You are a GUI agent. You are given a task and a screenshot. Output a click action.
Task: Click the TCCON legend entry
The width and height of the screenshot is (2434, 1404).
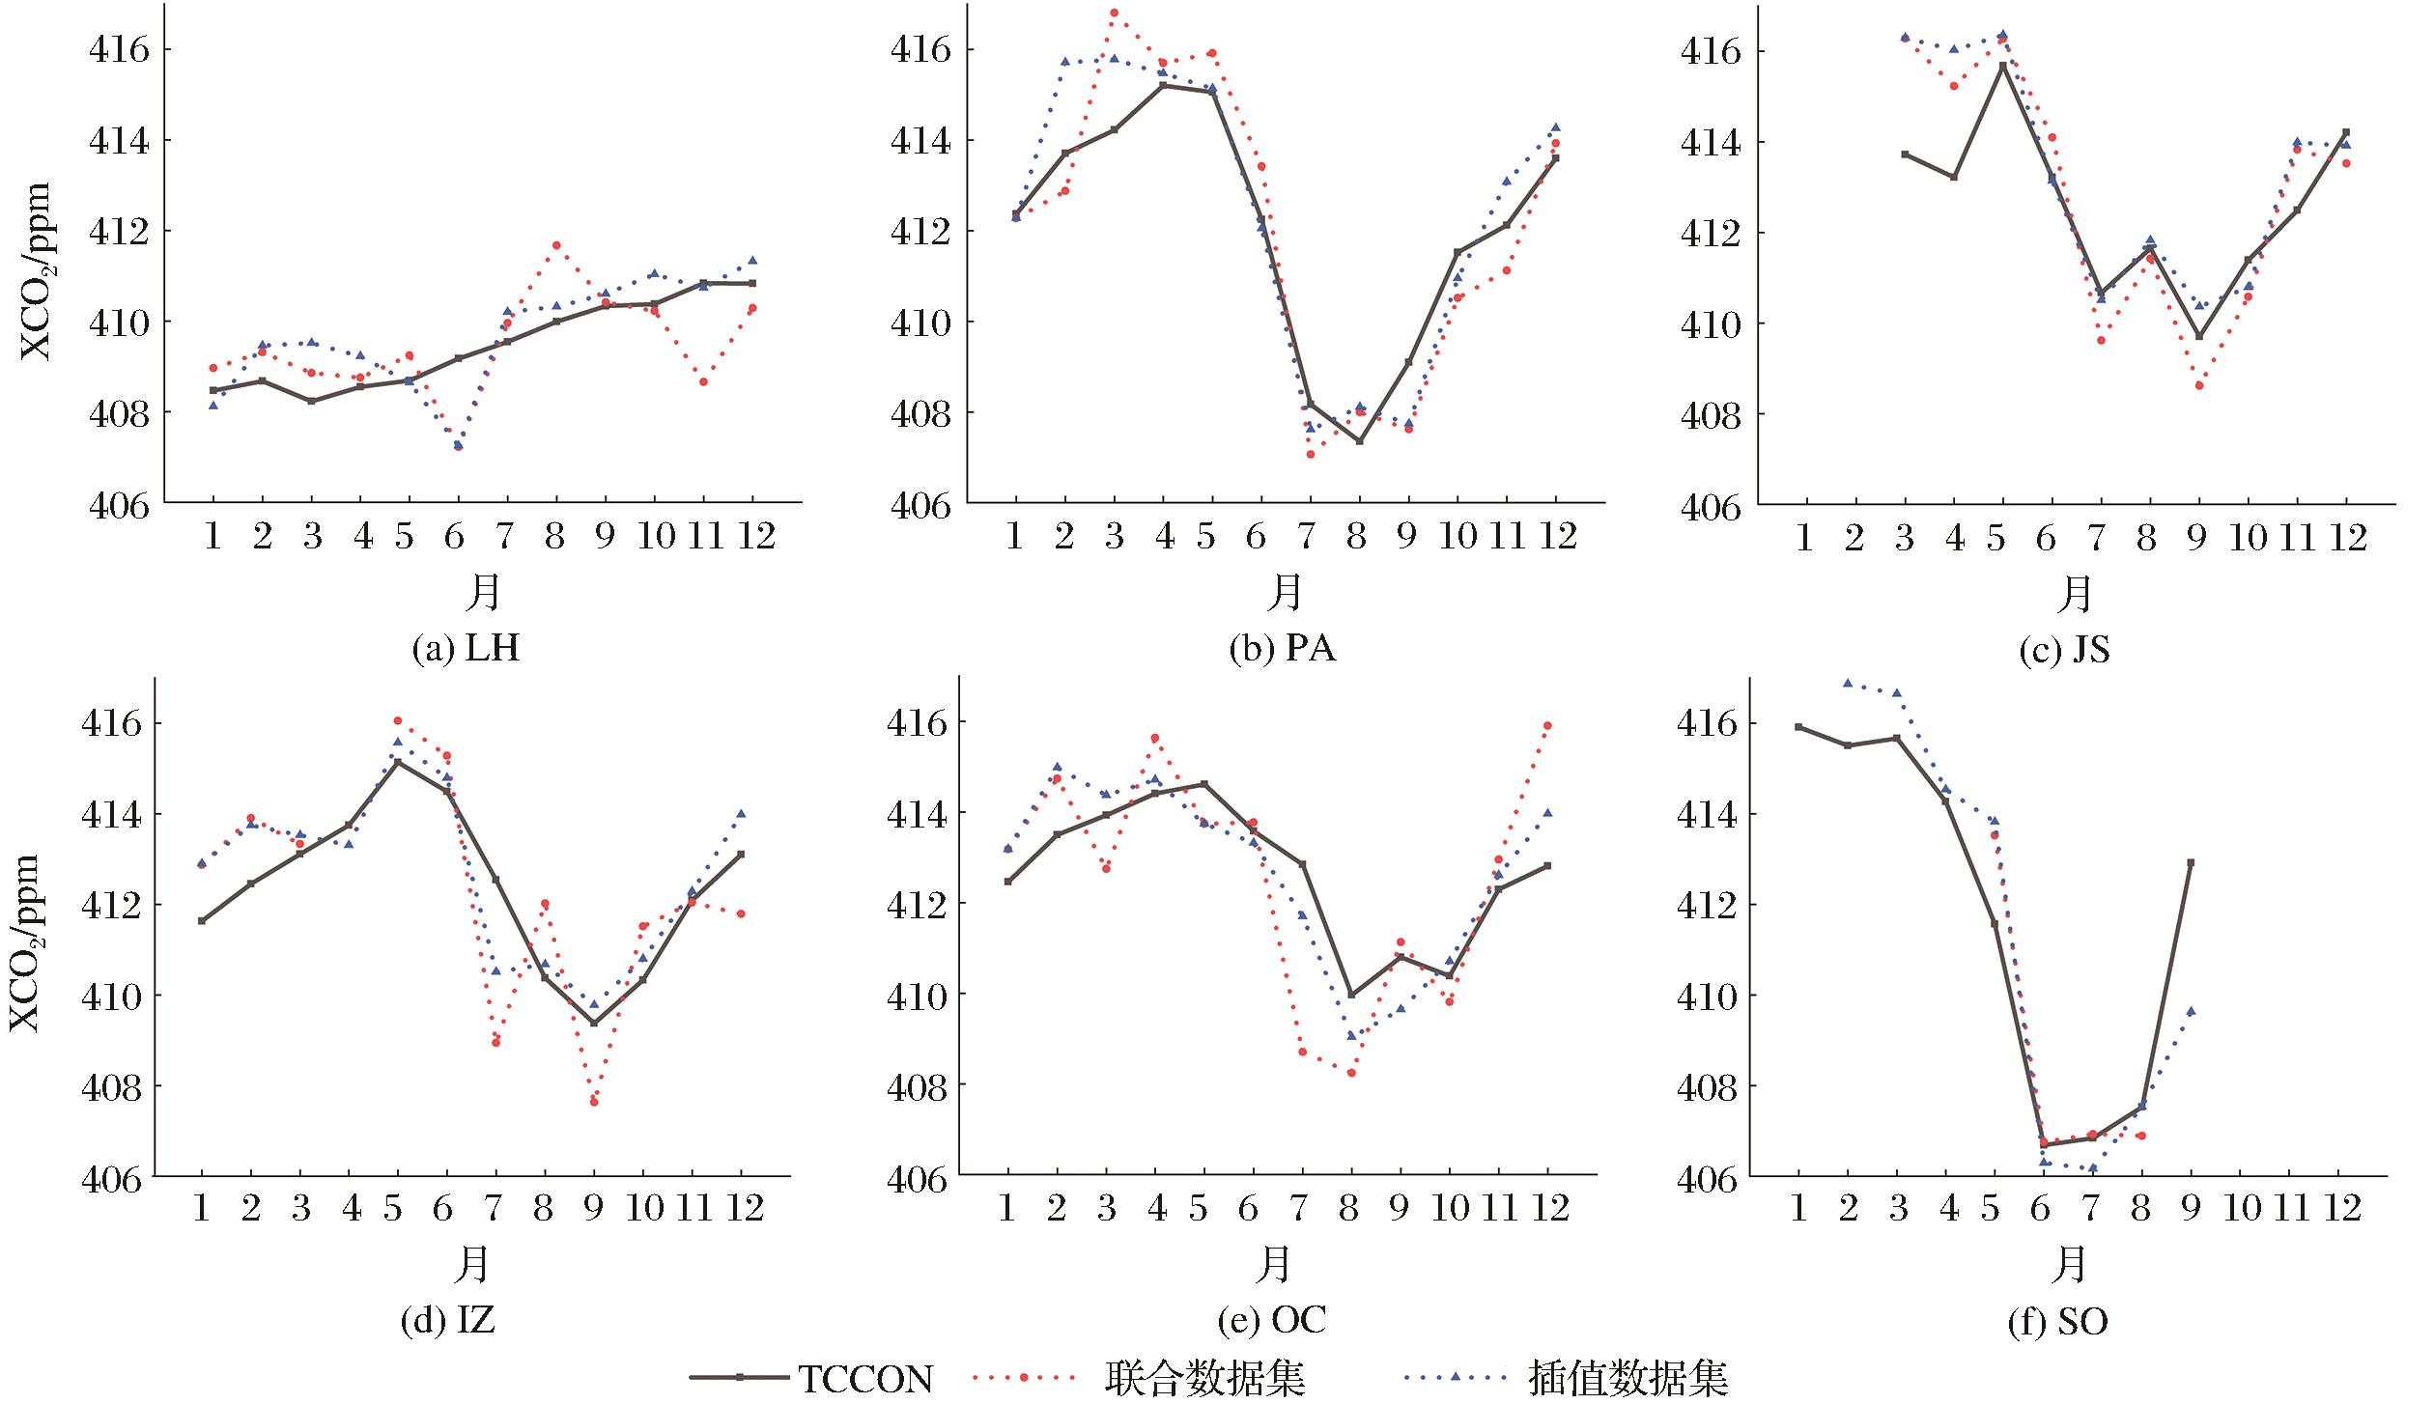click(x=864, y=1379)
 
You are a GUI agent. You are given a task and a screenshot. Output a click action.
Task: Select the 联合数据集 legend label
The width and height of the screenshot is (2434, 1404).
click(x=1204, y=1379)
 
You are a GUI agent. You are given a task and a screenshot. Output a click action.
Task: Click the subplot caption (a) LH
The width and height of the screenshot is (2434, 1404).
click(x=466, y=648)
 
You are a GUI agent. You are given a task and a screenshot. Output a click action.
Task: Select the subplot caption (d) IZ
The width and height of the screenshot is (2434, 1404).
click(x=447, y=1320)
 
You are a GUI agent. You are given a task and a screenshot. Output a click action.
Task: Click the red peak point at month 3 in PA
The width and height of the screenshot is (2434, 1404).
click(x=1114, y=13)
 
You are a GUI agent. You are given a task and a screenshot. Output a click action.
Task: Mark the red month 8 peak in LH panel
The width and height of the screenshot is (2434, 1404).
click(x=556, y=245)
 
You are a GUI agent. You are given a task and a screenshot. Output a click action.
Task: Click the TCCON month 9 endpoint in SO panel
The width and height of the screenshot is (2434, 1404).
click(x=2191, y=862)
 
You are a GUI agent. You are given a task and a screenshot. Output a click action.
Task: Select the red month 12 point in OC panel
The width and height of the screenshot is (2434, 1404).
click(x=1547, y=725)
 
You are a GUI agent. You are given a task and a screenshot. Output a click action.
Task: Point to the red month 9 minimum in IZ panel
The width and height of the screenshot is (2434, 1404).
click(x=594, y=1102)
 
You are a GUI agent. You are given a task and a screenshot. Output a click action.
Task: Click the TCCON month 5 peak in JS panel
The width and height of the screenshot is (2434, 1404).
click(x=2003, y=66)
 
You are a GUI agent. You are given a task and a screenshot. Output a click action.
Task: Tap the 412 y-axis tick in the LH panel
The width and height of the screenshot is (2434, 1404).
click(x=120, y=231)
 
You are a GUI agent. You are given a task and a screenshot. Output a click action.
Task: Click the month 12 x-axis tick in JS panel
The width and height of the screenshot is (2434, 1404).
click(x=2346, y=537)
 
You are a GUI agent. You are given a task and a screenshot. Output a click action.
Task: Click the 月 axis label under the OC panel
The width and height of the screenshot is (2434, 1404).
click(x=1275, y=1264)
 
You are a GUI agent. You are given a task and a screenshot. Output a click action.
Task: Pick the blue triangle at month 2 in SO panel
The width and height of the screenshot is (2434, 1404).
click(x=1848, y=683)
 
